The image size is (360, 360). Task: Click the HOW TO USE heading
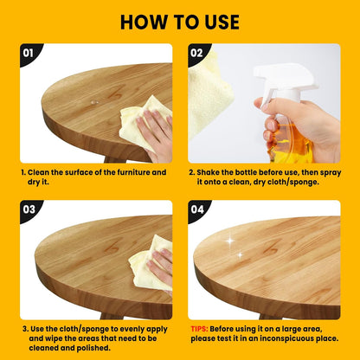pyautogui.click(x=179, y=21)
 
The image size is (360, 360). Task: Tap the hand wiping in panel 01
pyautogui.click(x=156, y=134)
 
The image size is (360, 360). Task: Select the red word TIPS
pyautogui.click(x=201, y=330)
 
